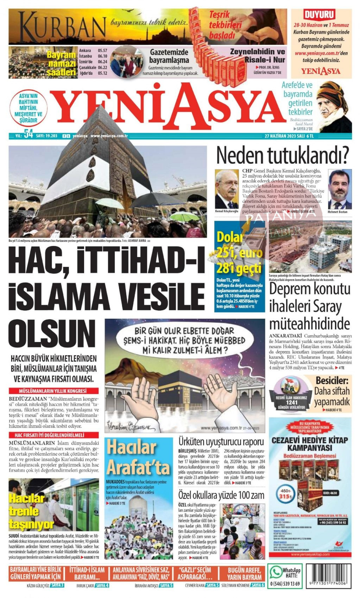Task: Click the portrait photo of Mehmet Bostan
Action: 339,189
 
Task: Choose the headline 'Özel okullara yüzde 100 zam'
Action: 221,495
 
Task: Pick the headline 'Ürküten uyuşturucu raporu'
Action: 221,441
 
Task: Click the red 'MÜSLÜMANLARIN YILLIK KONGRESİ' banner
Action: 53,391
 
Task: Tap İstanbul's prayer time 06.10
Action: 103,56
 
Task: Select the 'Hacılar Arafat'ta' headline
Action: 138,457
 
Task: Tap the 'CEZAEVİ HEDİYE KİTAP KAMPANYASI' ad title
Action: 310,444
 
